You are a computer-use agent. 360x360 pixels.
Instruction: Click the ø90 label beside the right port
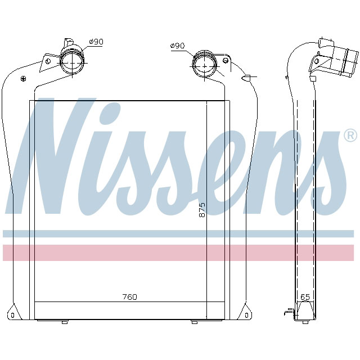click(x=177, y=46)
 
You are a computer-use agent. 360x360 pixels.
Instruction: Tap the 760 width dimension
click(x=129, y=296)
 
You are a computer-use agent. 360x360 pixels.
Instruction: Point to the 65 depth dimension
click(x=305, y=296)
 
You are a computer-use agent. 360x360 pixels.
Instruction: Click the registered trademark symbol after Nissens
click(x=350, y=136)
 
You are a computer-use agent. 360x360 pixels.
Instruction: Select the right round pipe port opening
click(x=204, y=63)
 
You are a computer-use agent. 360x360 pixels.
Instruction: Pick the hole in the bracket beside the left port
click(x=48, y=60)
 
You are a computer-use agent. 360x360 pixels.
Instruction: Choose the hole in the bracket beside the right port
click(x=226, y=60)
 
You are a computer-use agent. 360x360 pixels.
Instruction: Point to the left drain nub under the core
click(x=64, y=322)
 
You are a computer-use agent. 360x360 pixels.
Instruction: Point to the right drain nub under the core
click(x=194, y=322)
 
